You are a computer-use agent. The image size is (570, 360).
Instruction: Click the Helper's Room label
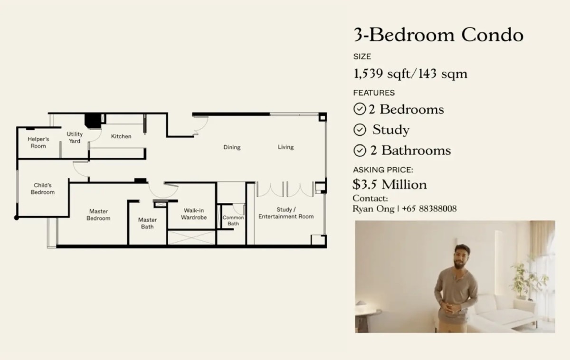(x=38, y=142)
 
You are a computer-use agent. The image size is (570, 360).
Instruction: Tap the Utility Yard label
(x=75, y=137)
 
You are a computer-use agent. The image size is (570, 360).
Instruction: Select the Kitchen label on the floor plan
(x=121, y=136)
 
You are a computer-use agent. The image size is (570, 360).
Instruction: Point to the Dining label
(x=232, y=147)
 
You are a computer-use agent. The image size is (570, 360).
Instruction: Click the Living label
(x=286, y=147)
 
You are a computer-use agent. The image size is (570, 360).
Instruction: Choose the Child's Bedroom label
(x=43, y=189)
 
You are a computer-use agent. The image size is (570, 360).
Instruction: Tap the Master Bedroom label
(x=98, y=215)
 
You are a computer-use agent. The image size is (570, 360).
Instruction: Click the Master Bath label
(x=147, y=223)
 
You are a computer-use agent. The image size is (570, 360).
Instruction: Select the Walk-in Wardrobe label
(x=194, y=214)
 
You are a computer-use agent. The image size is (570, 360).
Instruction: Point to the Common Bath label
(x=233, y=220)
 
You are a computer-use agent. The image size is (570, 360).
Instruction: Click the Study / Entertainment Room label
(x=286, y=213)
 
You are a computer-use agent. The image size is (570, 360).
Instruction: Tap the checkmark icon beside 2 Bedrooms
(x=360, y=109)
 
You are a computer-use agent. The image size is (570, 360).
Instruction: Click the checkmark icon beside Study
(x=360, y=130)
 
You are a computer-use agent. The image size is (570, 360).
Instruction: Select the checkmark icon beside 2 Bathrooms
(x=360, y=151)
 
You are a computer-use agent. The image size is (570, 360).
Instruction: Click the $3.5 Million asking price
(x=389, y=184)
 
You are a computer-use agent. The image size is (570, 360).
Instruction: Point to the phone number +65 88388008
(x=429, y=208)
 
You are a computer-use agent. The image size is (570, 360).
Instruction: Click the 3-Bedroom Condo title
(x=438, y=35)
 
